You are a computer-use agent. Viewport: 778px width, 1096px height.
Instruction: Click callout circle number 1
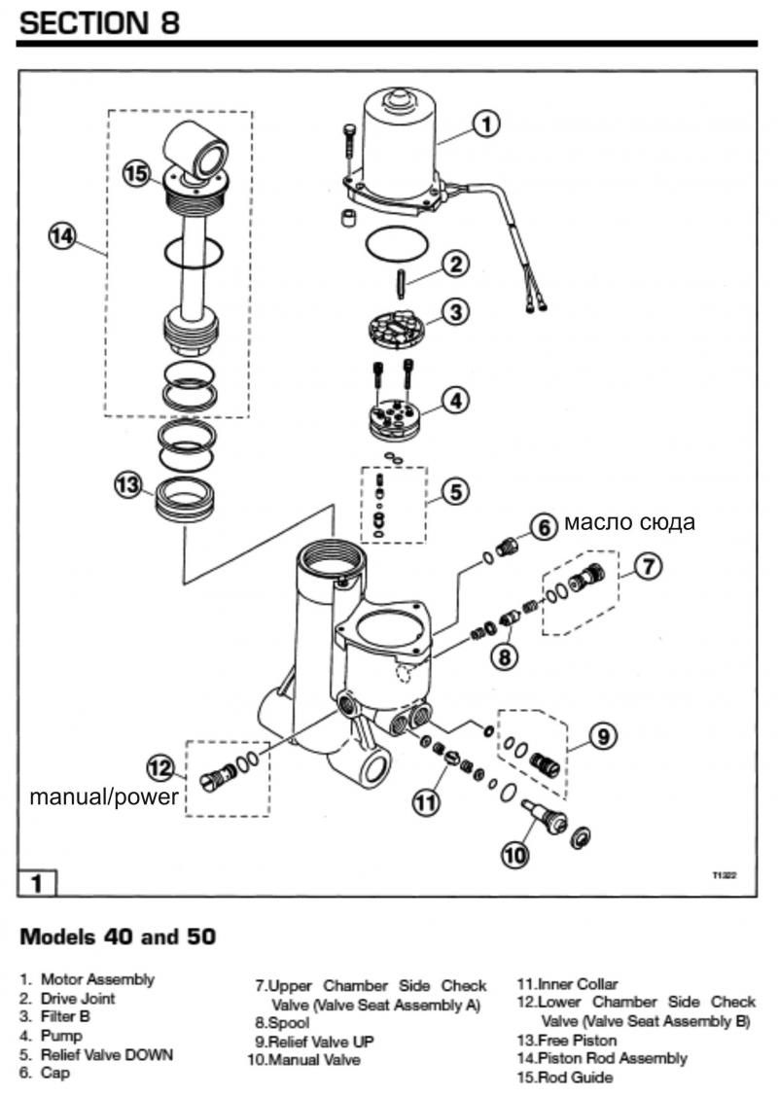tap(487, 124)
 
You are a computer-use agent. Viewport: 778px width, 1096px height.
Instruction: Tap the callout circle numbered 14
tap(62, 236)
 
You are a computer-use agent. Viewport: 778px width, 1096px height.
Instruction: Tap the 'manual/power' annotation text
tap(104, 797)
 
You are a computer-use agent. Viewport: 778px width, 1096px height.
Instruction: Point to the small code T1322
tap(724, 875)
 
